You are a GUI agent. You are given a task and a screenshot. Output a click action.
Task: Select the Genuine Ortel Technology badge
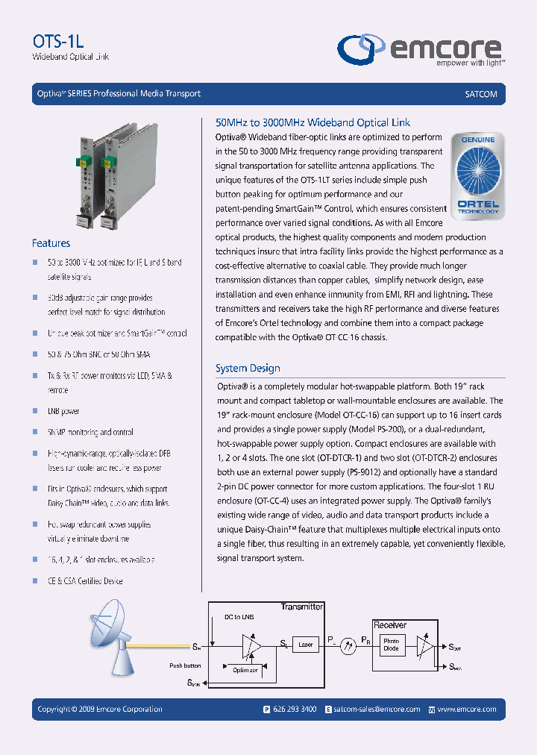pos(478,176)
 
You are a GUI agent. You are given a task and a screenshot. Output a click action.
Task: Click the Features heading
pos(51,243)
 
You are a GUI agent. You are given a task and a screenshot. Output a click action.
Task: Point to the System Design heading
pos(248,368)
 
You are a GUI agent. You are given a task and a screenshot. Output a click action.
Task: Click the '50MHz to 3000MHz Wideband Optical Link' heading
pos(313,122)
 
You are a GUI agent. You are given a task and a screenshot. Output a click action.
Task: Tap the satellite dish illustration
pos(112,642)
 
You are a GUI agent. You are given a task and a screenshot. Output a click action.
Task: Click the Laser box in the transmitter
pos(305,644)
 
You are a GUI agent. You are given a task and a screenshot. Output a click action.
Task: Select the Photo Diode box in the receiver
pos(391,645)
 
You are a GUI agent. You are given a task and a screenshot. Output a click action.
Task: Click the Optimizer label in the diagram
pos(245,670)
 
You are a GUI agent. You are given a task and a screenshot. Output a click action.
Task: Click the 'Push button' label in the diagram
pos(185,665)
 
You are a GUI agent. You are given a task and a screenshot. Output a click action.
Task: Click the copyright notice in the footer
pos(100,709)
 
